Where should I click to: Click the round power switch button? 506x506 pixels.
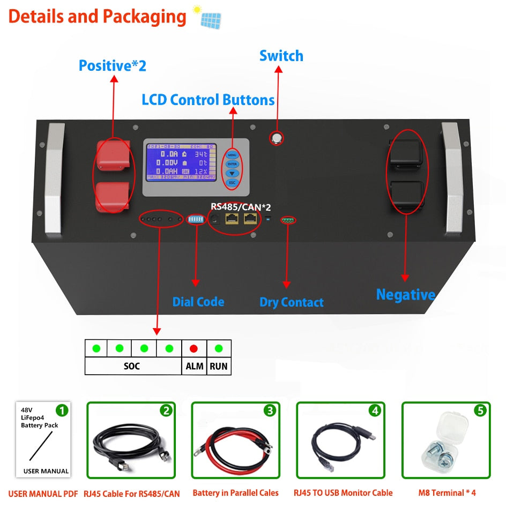pos(277,138)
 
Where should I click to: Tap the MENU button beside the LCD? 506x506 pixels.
pos(232,154)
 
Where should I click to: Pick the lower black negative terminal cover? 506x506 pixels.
pos(407,196)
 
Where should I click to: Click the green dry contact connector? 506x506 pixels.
pos(288,220)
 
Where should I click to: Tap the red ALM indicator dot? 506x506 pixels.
pos(194,348)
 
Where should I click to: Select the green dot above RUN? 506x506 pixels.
pos(219,348)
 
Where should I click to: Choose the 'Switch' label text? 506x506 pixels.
pos(281,56)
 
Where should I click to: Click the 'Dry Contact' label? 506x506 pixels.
pos(291,302)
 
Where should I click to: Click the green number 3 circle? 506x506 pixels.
pos(269,411)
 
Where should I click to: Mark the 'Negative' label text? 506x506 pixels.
pos(405,294)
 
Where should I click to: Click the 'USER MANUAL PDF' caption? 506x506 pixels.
pos(43,493)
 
